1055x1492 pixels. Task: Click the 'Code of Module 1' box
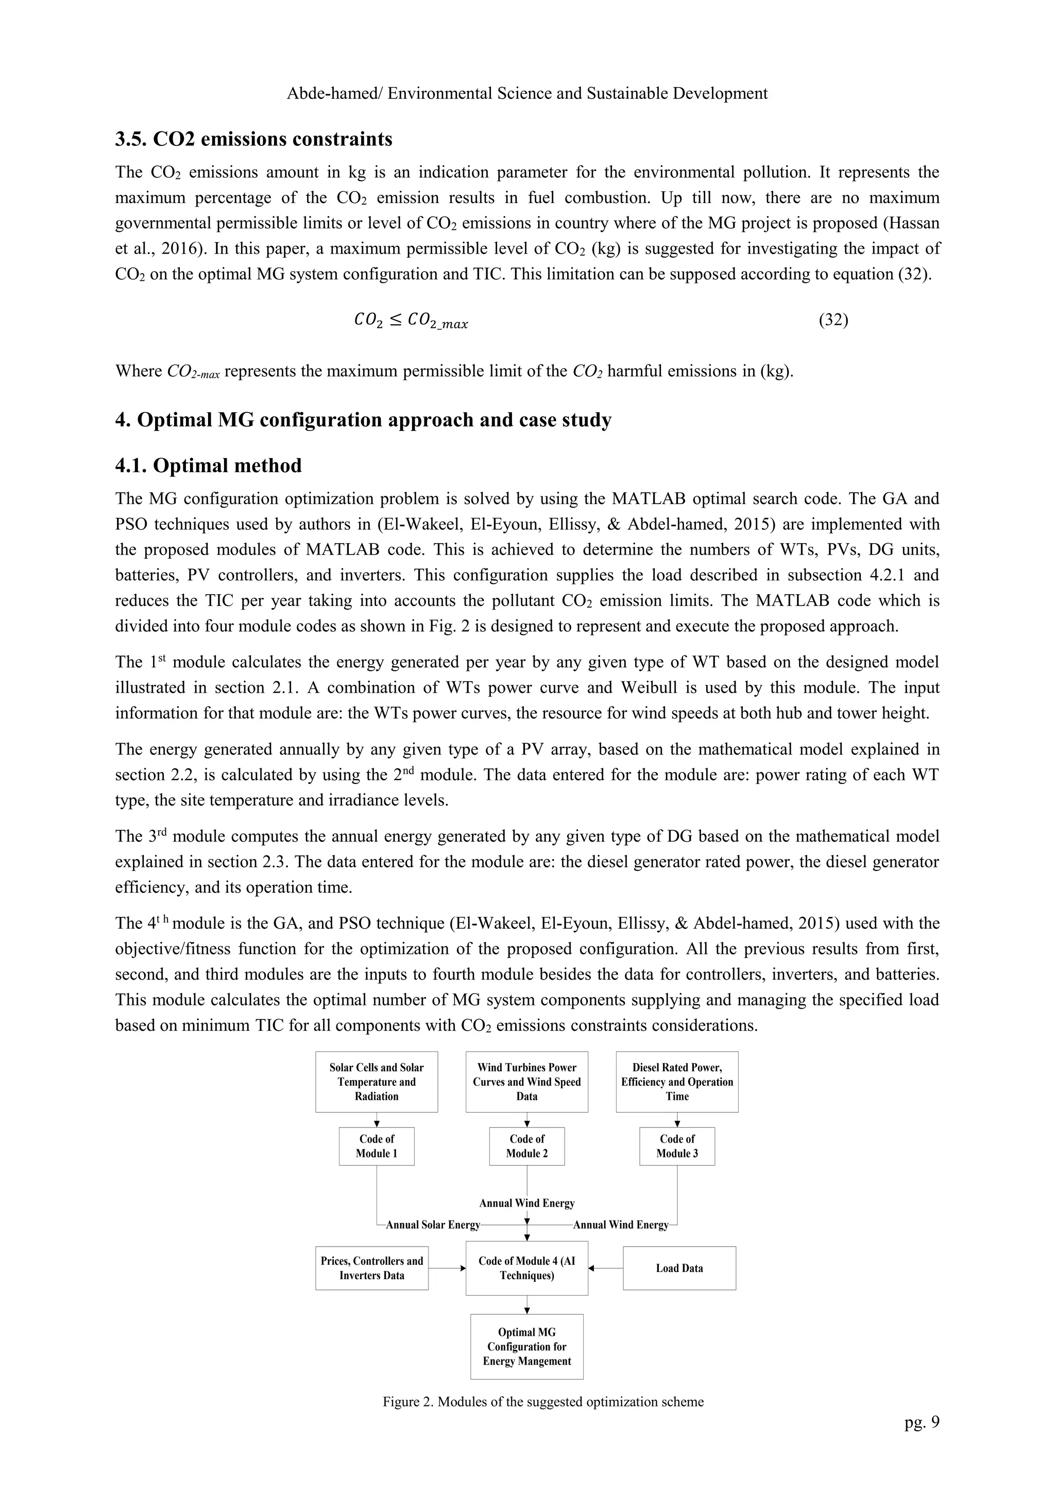(376, 1146)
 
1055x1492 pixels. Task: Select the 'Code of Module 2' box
(527, 1146)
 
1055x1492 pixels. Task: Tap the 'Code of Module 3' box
(677, 1146)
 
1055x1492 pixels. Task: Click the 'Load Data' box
(679, 1268)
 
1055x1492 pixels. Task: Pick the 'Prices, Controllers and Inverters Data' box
(371, 1268)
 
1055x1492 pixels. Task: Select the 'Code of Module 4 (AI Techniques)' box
(527, 1268)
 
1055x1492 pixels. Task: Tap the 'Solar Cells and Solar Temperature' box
(376, 1081)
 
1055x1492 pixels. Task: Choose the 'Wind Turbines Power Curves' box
(527, 1081)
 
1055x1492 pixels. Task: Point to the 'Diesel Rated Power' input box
(677, 1081)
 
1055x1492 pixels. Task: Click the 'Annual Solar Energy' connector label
(433, 1225)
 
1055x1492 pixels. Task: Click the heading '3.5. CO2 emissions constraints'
(253, 139)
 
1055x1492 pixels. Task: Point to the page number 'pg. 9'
(921, 1422)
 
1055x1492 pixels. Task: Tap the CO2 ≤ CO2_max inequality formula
(411, 321)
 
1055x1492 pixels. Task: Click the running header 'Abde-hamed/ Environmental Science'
(527, 94)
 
